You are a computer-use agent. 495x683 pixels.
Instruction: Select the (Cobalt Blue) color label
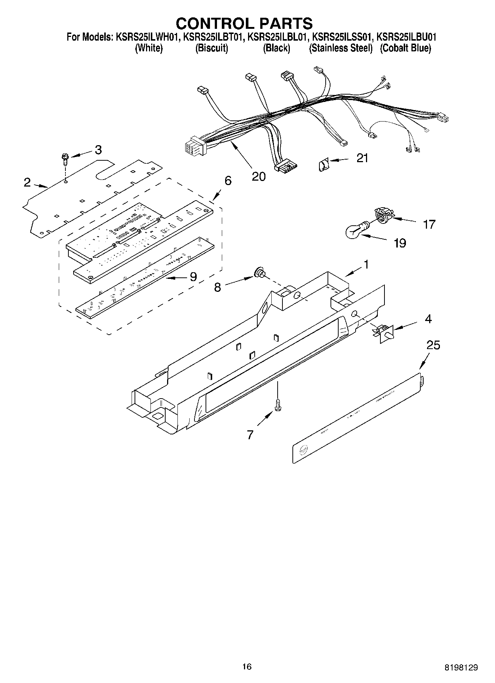coord(406,48)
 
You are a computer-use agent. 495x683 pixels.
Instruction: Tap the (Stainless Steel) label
coord(340,48)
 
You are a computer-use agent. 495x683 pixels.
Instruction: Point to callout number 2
coord(27,182)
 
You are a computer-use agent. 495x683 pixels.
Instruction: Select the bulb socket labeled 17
coord(383,215)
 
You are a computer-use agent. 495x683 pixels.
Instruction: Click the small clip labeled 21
coord(322,163)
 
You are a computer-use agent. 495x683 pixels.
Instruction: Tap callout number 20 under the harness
coord(258,176)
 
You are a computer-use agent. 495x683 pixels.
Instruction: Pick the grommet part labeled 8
coord(260,274)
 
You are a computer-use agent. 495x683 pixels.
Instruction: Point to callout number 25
coord(433,345)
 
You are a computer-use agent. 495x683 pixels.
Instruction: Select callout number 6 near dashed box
coord(228,181)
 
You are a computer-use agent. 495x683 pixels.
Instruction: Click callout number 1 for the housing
coord(366,264)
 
